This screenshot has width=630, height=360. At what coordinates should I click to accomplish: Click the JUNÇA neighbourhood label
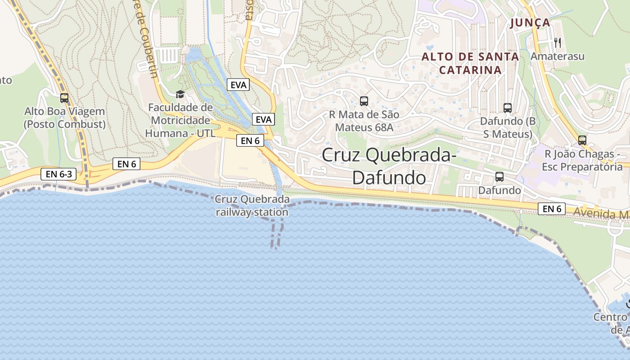[x=530, y=22]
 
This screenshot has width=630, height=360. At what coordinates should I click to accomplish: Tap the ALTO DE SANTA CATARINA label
[x=470, y=63]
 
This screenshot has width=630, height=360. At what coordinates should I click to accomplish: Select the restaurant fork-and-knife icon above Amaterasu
[x=558, y=43]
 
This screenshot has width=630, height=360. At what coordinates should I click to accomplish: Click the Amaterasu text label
[x=558, y=56]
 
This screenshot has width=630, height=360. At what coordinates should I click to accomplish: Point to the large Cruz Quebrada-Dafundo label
[x=389, y=166]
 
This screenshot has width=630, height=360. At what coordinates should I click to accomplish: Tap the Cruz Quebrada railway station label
[x=252, y=206]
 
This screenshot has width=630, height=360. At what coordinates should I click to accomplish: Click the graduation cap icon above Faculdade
[x=180, y=94]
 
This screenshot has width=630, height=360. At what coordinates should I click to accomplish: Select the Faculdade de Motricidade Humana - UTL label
[x=180, y=121]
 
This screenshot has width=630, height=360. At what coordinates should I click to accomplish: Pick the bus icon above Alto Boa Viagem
[x=64, y=98]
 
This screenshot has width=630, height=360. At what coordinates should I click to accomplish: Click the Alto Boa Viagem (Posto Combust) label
[x=65, y=118]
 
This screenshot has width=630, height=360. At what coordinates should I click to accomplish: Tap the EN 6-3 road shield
[x=58, y=174]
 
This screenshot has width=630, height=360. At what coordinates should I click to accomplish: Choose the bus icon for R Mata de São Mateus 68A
[x=364, y=101]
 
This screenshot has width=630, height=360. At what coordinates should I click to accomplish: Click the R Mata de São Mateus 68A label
[x=364, y=121]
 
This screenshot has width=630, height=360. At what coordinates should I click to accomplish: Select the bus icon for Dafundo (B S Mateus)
[x=508, y=108]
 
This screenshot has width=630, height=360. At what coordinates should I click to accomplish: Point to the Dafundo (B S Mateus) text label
[x=508, y=128]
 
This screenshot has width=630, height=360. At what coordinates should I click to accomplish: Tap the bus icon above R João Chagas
[x=582, y=140]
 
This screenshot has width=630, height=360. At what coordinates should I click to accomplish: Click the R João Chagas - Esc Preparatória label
[x=582, y=161]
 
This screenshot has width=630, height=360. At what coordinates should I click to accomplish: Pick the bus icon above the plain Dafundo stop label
[x=499, y=177]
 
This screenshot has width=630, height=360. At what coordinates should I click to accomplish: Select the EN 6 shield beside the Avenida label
[x=552, y=209]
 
